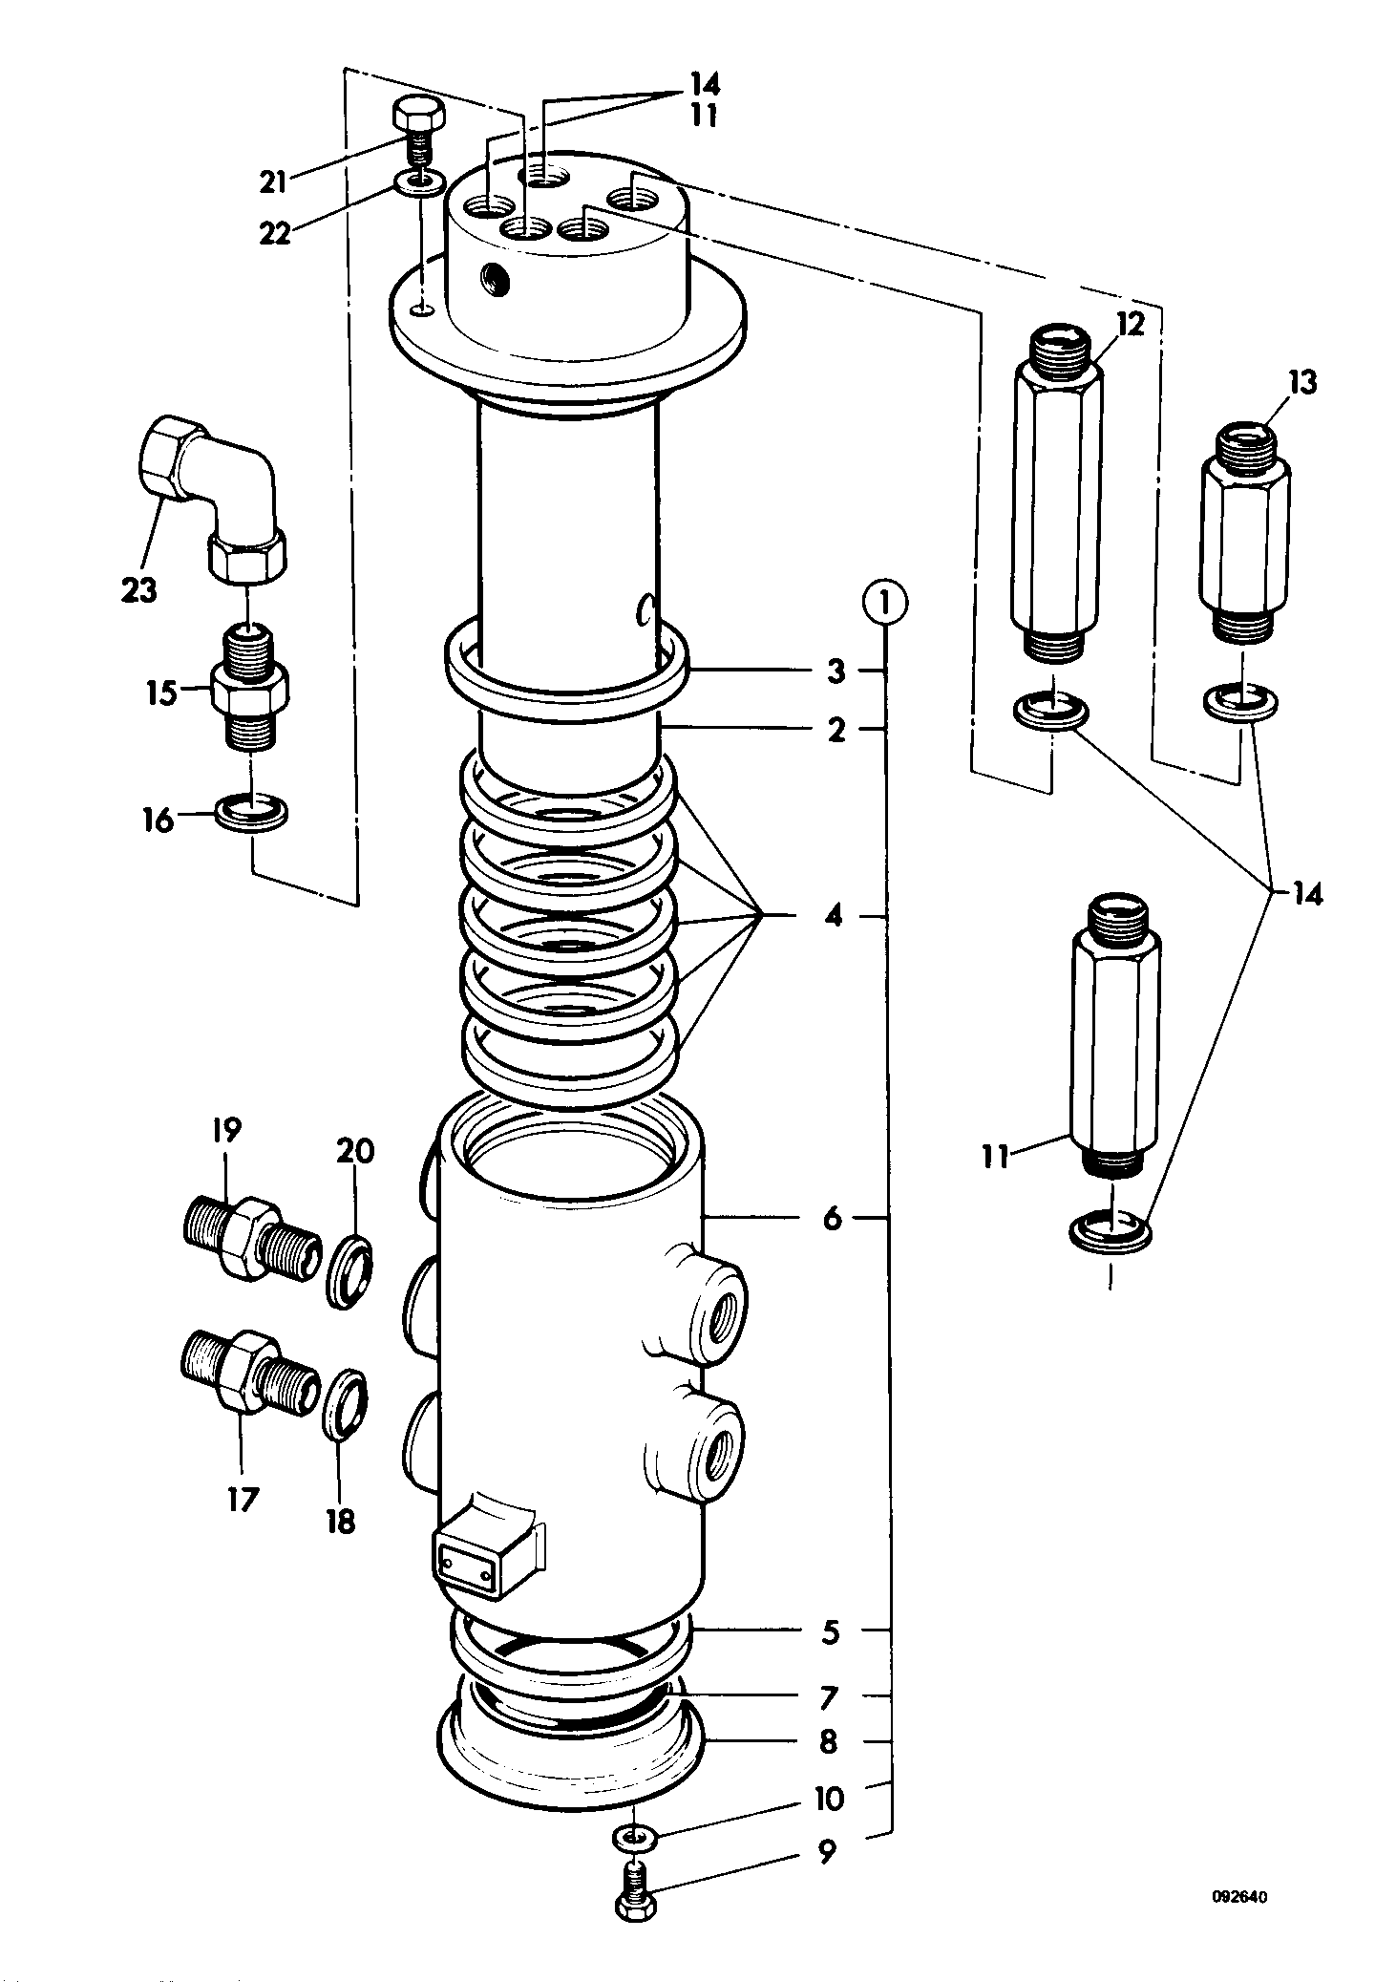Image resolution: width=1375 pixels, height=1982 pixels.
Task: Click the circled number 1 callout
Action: coord(884,604)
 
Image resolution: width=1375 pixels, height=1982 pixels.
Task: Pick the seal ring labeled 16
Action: coord(252,813)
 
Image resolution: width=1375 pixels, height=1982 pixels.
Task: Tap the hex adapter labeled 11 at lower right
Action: coord(1115,1036)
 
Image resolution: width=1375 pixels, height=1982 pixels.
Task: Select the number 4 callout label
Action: coord(834,916)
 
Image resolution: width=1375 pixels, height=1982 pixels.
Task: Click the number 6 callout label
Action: coord(834,1218)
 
